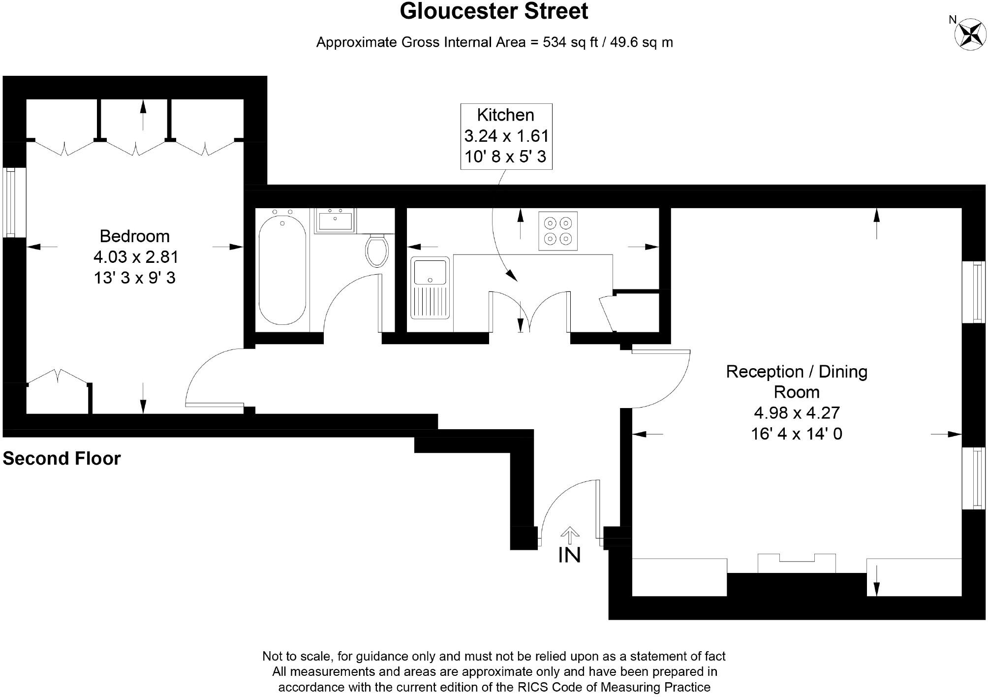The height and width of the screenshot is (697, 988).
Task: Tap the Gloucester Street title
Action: [x=494, y=11]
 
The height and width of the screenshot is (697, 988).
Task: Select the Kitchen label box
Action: [x=506, y=136]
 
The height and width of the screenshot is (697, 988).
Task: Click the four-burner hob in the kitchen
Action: [x=557, y=231]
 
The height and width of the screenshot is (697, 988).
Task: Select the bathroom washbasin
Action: [x=335, y=221]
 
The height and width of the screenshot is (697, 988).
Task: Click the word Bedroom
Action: [x=134, y=236]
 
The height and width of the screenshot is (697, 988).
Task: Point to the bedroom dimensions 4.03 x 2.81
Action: [x=135, y=257]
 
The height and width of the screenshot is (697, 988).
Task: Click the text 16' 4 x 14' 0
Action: [x=796, y=434]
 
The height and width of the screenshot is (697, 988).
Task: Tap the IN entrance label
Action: [x=569, y=555]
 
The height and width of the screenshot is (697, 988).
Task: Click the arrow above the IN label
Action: [x=569, y=534]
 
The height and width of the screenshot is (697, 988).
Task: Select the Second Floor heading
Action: [x=62, y=458]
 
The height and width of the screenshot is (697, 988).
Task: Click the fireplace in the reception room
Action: [x=796, y=564]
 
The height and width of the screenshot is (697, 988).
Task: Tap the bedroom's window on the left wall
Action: [x=9, y=203]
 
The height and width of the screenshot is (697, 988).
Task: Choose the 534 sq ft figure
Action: [x=570, y=42]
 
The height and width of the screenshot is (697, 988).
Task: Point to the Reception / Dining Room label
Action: [x=796, y=381]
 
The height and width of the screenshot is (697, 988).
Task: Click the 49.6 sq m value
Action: [x=641, y=42]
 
